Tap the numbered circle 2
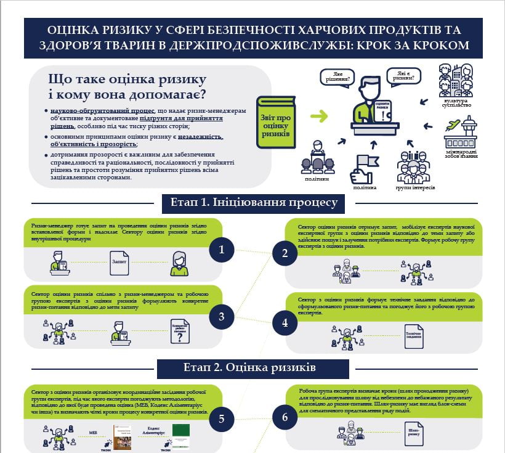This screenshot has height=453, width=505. [285, 253]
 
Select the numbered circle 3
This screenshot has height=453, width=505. [221, 317]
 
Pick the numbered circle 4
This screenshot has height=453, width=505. [285, 322]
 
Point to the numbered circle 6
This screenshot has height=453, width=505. [285, 417]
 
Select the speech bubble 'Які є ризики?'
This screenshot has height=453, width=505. [404, 76]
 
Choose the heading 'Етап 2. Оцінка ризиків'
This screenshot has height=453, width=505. [250, 368]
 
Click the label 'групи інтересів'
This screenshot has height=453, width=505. [414, 187]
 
